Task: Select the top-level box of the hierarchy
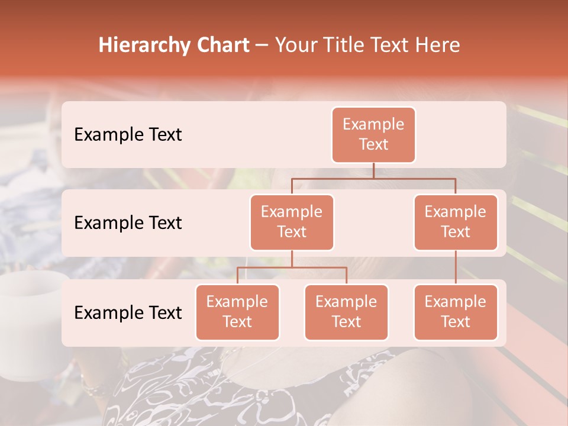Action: (373, 135)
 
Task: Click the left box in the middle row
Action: (292, 222)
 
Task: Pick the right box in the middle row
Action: (456, 222)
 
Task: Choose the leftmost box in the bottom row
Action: (237, 312)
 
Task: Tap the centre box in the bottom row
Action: (346, 312)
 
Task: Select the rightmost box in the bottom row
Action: (456, 312)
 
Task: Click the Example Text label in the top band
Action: (128, 134)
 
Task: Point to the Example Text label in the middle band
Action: (128, 222)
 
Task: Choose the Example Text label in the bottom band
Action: (128, 312)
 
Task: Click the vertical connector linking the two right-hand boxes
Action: (456, 267)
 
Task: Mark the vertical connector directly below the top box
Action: (373, 170)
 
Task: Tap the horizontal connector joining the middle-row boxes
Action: (373, 177)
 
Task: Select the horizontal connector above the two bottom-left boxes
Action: (292, 267)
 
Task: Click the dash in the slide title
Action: (262, 46)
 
